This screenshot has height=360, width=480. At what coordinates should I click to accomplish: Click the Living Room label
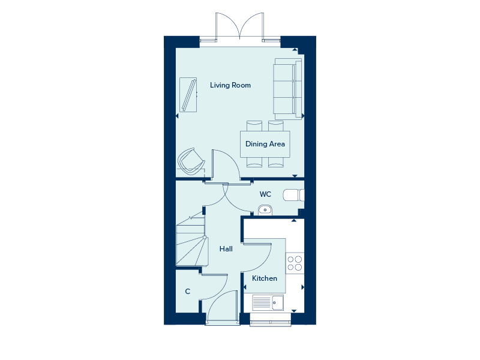click(x=230, y=85)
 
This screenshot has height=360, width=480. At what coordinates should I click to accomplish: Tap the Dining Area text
click(x=265, y=144)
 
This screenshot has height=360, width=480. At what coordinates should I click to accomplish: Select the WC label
click(x=265, y=194)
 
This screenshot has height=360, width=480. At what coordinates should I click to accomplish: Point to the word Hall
click(x=226, y=249)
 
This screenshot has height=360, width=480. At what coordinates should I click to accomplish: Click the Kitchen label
click(x=265, y=278)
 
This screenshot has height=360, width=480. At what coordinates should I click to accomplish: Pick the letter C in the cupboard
click(x=188, y=292)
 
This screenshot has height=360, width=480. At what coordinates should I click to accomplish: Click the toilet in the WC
click(x=293, y=195)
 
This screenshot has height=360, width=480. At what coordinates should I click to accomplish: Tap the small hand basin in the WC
click(x=265, y=210)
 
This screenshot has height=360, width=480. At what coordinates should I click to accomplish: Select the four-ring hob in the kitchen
click(x=295, y=263)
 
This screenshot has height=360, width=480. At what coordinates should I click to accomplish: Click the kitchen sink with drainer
click(x=268, y=302)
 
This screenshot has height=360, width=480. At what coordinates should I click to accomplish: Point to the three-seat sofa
click(x=288, y=89)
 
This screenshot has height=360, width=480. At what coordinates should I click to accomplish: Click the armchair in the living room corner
click(x=190, y=161)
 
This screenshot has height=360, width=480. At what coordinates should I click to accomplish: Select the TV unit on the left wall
click(x=188, y=95)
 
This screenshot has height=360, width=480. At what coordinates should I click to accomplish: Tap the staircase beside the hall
click(x=191, y=241)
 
